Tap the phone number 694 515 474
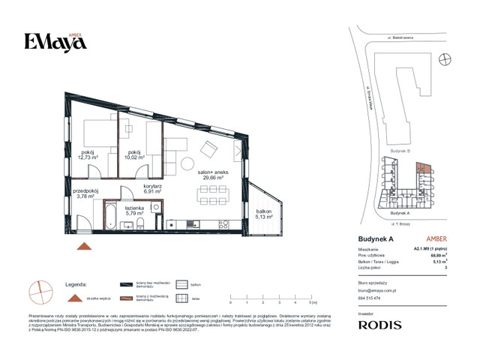(x=368, y=298)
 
